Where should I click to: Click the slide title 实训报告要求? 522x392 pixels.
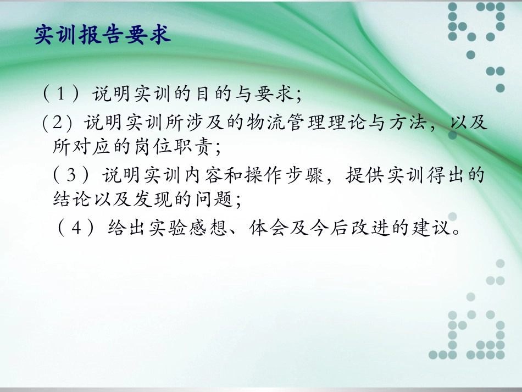pyautogui.click(x=102, y=35)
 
